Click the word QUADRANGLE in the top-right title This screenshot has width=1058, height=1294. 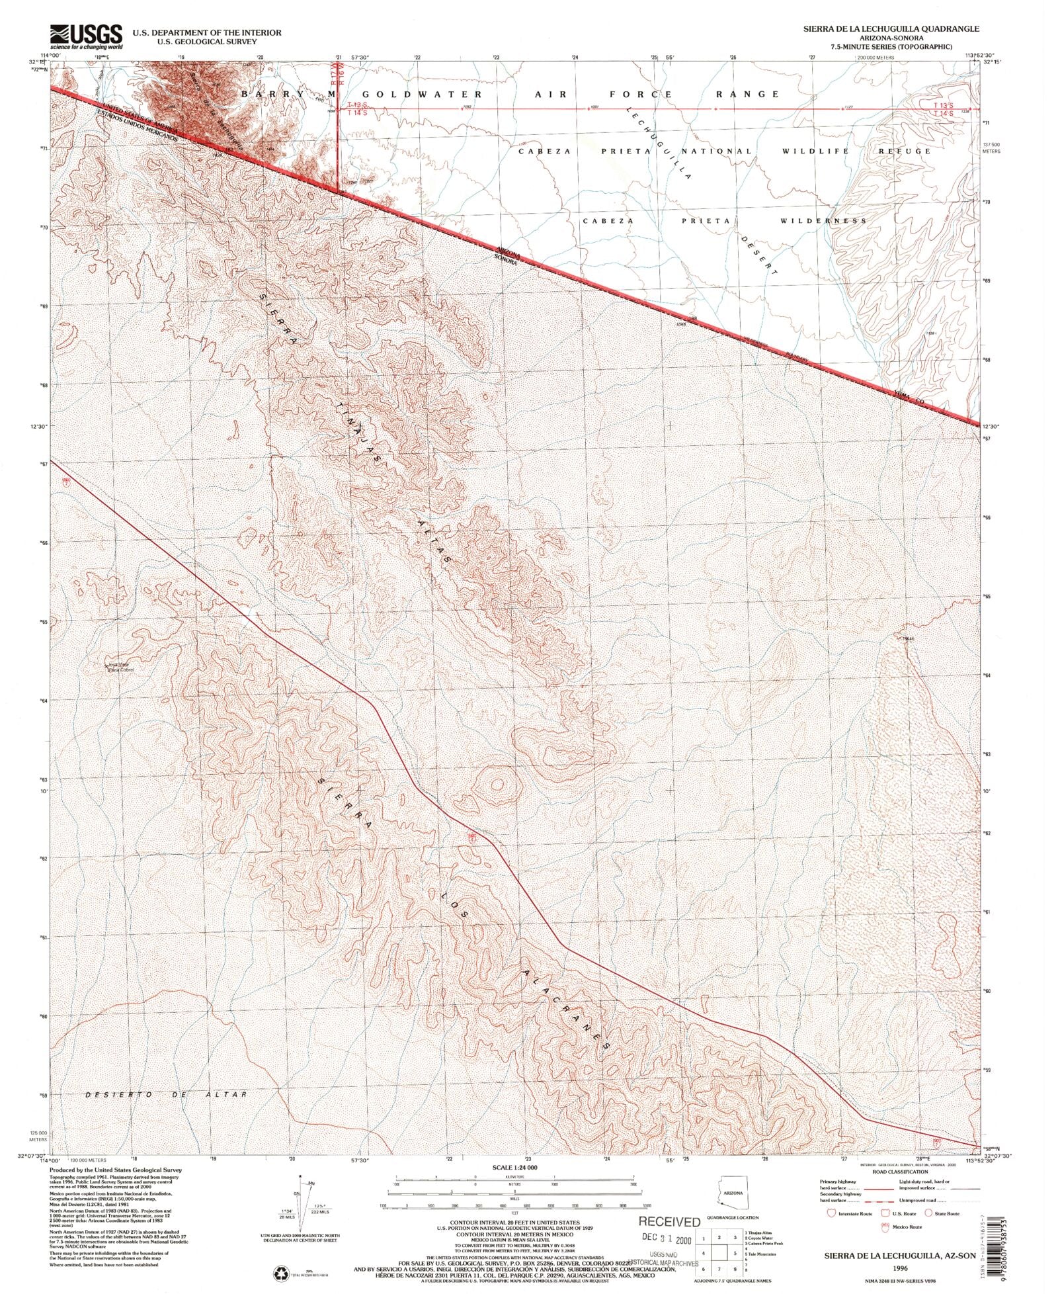coord(947,30)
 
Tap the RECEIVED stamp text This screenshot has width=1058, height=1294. coord(669,1222)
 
